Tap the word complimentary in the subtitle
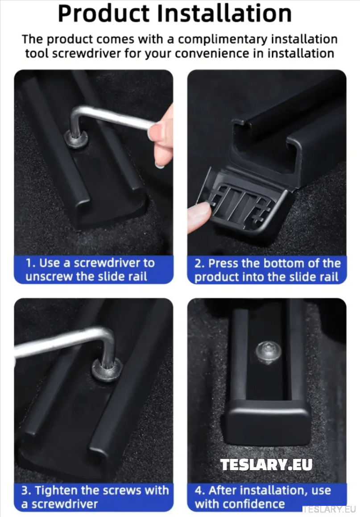pyautogui.click(x=224, y=39)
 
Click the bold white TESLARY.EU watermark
pyautogui.click(x=266, y=465)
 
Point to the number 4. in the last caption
pyautogui.click(x=200, y=490)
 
